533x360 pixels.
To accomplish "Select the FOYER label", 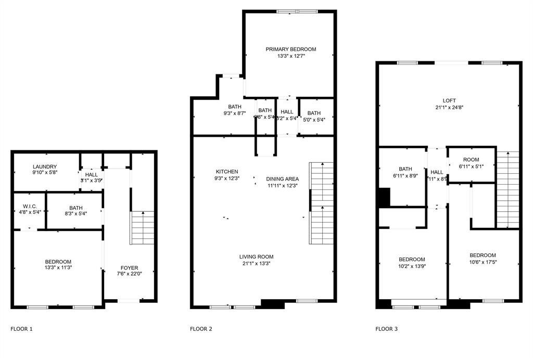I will [x=128, y=268].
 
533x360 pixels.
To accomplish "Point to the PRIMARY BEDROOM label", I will [x=290, y=49].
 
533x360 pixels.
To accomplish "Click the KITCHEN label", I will [x=227, y=172].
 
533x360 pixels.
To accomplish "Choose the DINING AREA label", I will [x=282, y=178].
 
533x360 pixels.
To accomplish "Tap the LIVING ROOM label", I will [x=256, y=256].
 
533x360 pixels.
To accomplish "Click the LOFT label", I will [x=449, y=101].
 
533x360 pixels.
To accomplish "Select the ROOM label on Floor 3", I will [x=471, y=160].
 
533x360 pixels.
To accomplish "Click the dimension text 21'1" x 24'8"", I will [x=449, y=108].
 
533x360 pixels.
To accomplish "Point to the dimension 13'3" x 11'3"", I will [x=58, y=268].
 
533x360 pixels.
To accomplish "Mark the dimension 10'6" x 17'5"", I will [x=483, y=262].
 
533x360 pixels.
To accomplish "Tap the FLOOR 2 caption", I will [x=201, y=329].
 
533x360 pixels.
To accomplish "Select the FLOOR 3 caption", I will [x=387, y=329].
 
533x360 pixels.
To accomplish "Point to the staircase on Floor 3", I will [x=507, y=189].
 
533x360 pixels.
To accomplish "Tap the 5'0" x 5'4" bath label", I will [x=314, y=113].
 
